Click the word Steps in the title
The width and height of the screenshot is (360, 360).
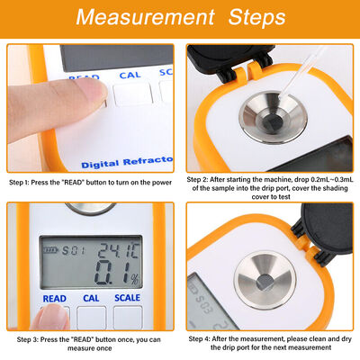coord(247,18)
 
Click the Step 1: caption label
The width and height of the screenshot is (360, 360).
coord(24,182)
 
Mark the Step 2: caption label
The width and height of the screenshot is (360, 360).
coord(204,178)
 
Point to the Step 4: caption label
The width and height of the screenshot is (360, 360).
coord(204,338)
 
